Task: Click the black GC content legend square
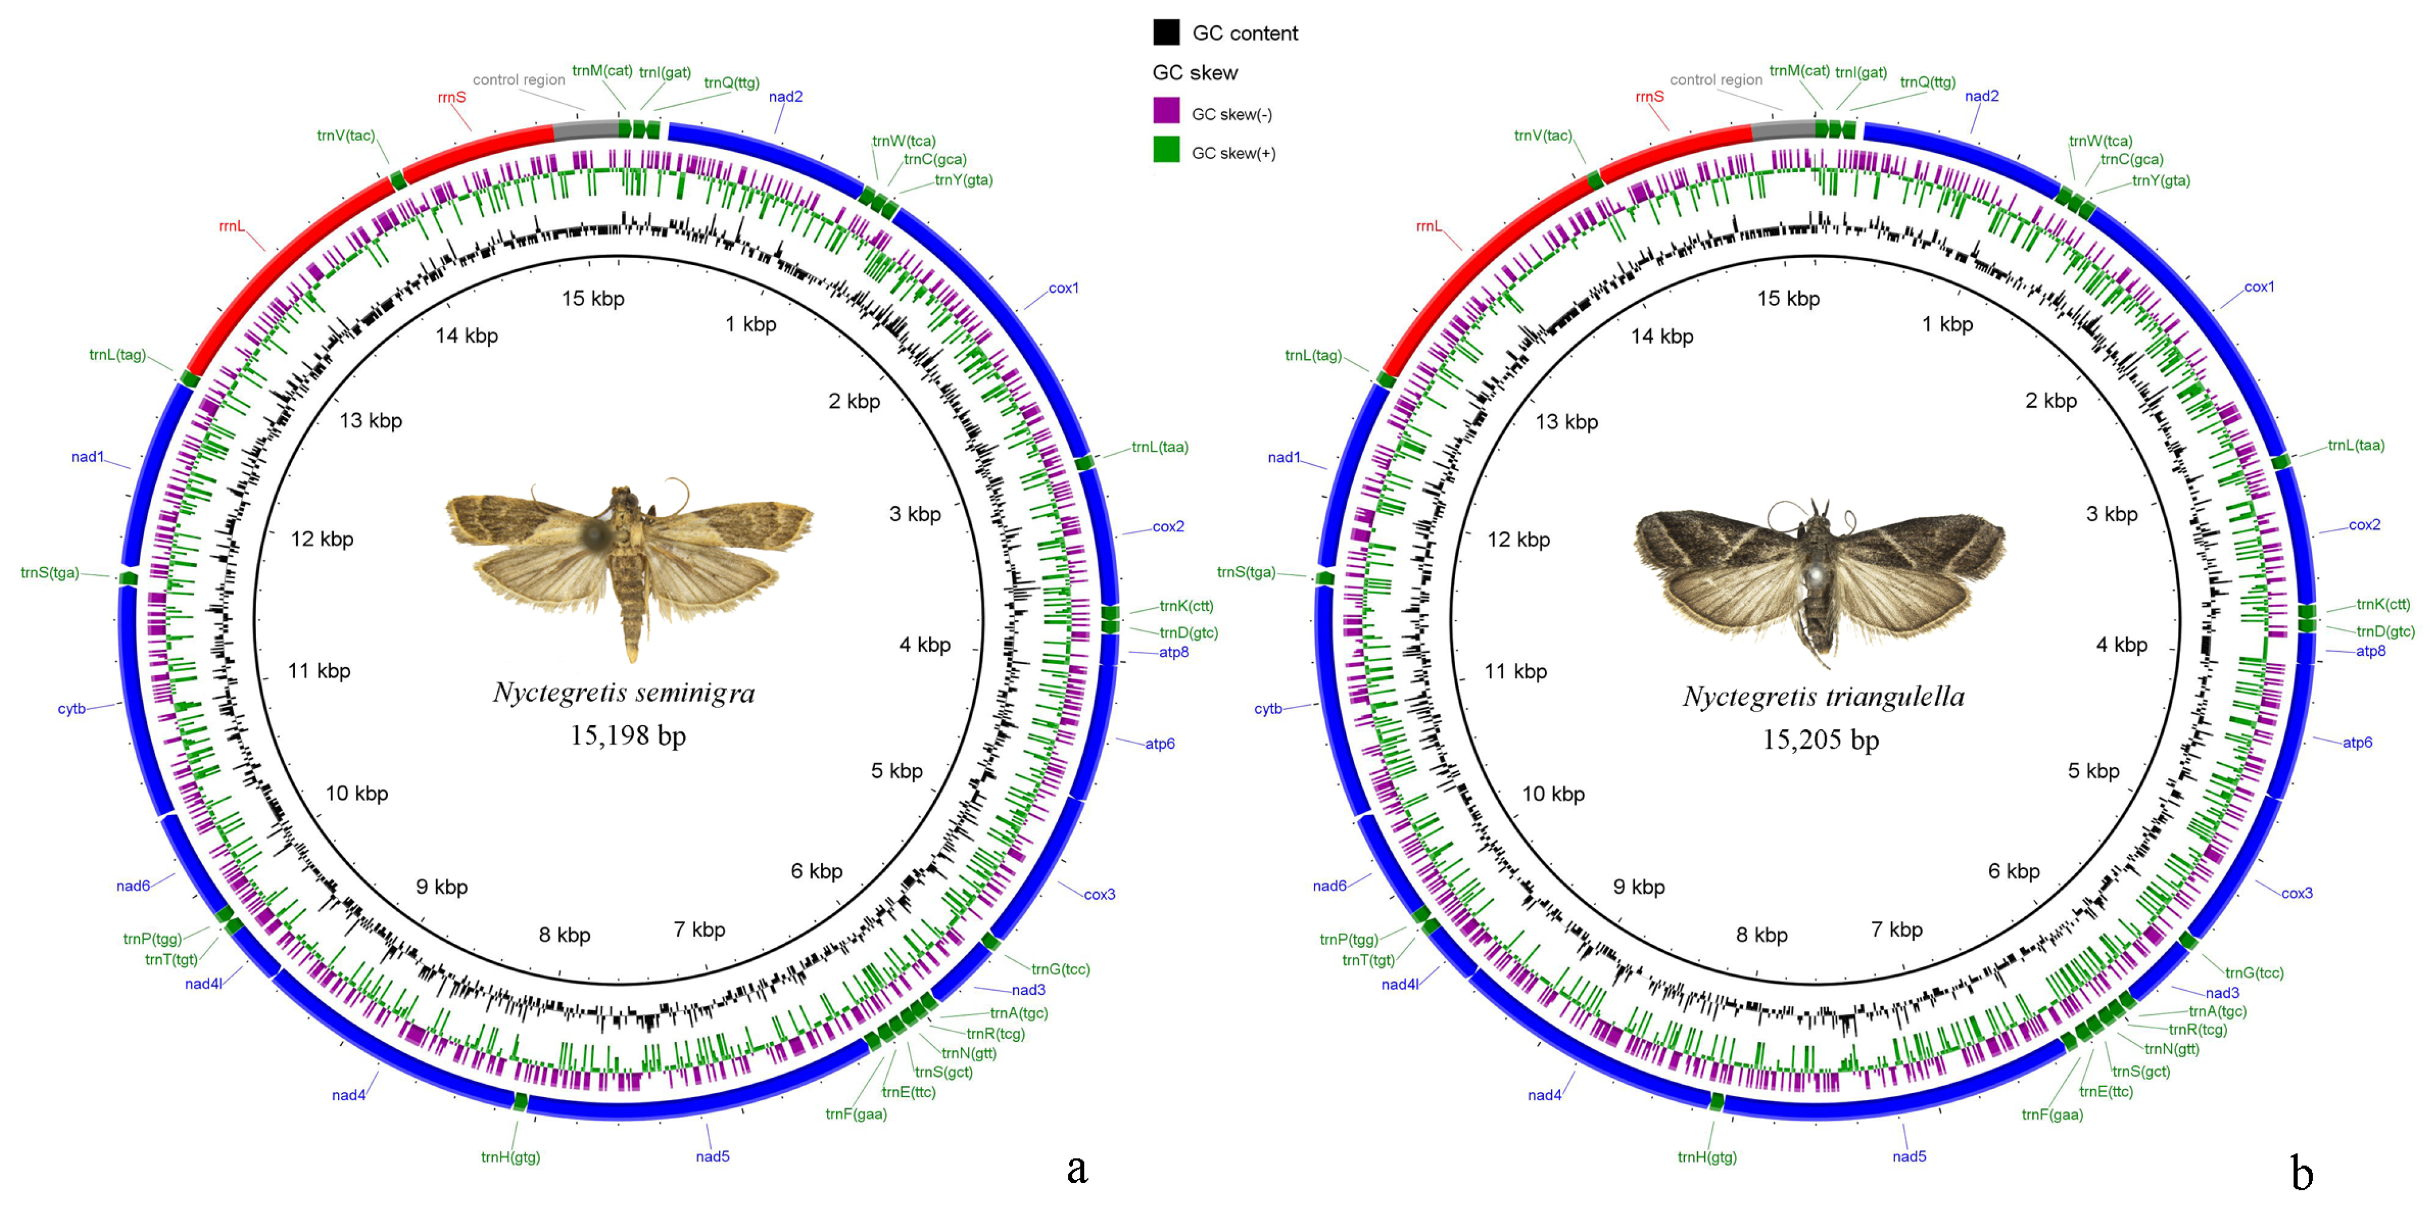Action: coord(1166,32)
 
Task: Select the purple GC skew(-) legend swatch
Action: coord(1166,111)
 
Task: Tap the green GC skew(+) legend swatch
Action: coord(1166,150)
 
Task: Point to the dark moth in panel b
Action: coord(1821,575)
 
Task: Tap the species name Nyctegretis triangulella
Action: coord(1824,697)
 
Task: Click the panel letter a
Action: coord(1077,1169)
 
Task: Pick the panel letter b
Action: coord(2302,1173)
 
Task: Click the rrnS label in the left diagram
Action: coord(452,97)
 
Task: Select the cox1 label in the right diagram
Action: coord(2258,287)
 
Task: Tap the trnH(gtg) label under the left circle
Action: coord(510,1157)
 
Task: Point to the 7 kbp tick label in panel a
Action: coord(699,930)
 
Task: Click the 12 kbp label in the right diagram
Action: coord(1518,539)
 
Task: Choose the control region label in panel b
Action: coord(1716,80)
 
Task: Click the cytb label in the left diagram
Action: coord(72,708)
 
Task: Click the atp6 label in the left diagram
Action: coord(1159,743)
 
